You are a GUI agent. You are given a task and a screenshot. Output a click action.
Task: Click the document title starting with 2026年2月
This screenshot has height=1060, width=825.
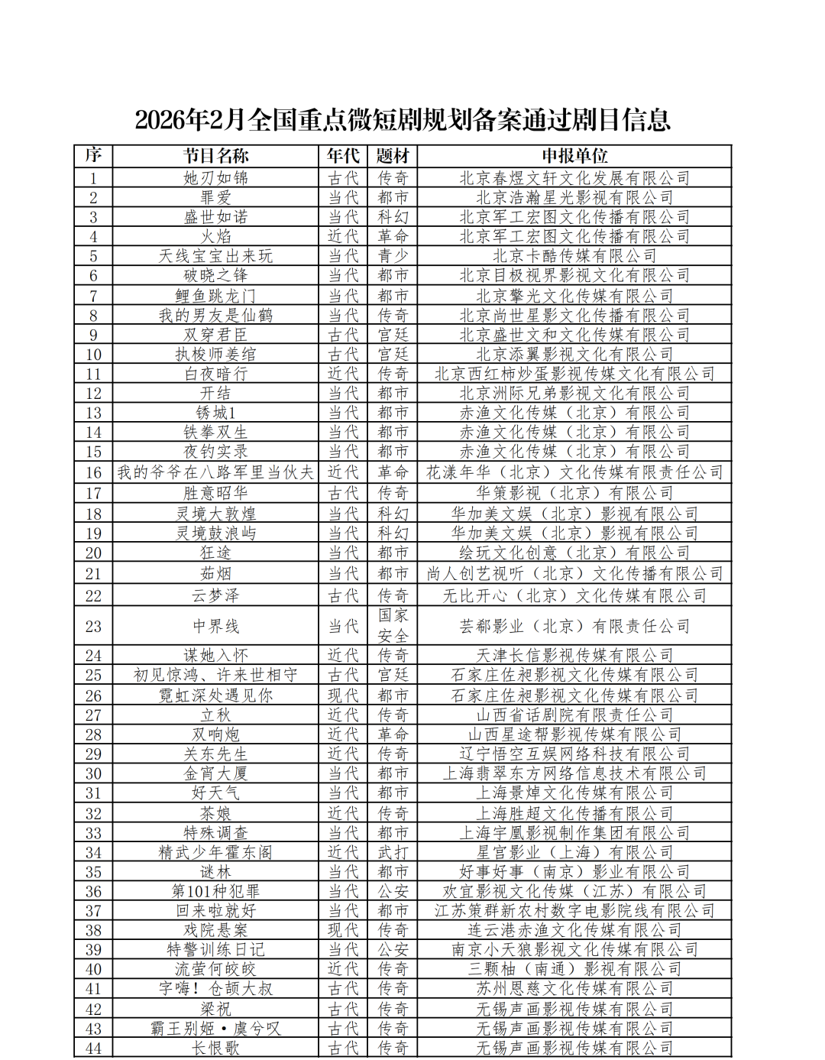click(x=403, y=120)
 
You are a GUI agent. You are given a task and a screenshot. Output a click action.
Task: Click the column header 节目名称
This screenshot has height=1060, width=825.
click(x=215, y=156)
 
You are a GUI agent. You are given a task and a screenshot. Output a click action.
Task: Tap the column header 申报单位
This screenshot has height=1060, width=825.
click(x=574, y=156)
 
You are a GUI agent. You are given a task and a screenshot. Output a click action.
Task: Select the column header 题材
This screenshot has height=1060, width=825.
click(x=393, y=156)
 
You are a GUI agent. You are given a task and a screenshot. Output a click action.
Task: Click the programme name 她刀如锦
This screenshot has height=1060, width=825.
click(x=215, y=178)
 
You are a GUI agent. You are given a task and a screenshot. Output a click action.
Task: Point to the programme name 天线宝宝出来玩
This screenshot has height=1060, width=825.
click(x=215, y=256)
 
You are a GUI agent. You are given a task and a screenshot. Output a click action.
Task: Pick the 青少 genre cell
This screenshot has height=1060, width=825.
click(x=393, y=256)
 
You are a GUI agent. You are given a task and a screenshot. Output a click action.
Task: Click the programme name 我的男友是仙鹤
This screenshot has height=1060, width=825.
click(x=215, y=315)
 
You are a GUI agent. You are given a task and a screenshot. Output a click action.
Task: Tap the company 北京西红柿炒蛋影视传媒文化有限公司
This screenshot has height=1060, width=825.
click(x=574, y=374)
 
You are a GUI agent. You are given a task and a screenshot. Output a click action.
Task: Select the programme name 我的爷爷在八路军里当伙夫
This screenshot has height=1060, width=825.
click(x=215, y=472)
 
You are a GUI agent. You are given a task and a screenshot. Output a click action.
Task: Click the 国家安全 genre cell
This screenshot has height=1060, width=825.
click(x=393, y=626)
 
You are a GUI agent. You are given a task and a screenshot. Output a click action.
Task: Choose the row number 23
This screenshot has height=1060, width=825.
click(x=93, y=627)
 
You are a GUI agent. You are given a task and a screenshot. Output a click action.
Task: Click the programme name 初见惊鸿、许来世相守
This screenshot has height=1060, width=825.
click(x=215, y=675)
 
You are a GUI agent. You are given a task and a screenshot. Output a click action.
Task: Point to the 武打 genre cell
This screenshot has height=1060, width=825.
click(x=393, y=852)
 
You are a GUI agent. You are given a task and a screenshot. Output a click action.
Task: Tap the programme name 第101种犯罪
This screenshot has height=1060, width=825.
click(x=215, y=891)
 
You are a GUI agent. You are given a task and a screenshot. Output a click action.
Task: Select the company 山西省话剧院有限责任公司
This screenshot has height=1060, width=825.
click(x=574, y=715)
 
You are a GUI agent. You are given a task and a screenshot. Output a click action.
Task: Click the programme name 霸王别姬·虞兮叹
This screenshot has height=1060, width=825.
click(x=215, y=1029)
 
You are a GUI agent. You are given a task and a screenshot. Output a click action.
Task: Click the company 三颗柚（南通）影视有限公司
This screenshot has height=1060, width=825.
click(x=574, y=969)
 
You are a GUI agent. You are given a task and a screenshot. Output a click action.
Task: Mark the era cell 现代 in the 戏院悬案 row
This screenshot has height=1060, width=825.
click(x=343, y=930)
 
